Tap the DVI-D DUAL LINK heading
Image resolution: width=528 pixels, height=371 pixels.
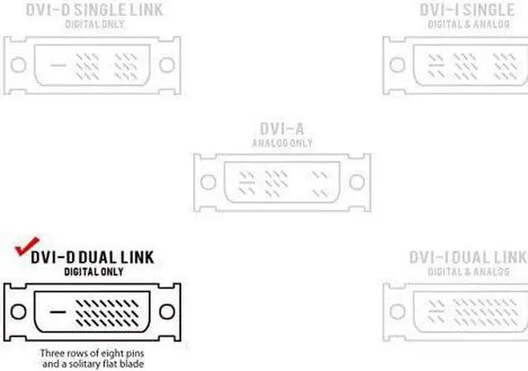click(x=92, y=258)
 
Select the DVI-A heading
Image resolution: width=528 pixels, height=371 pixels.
click(x=281, y=130)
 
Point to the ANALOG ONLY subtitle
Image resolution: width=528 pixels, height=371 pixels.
click(x=281, y=142)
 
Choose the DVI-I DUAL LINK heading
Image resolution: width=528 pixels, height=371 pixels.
click(x=468, y=257)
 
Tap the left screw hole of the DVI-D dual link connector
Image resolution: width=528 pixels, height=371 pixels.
click(x=16, y=312)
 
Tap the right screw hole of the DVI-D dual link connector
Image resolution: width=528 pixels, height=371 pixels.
click(x=168, y=312)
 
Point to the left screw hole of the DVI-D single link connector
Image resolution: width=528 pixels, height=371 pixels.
click(x=16, y=64)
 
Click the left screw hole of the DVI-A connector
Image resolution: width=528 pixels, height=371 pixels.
click(x=209, y=181)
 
